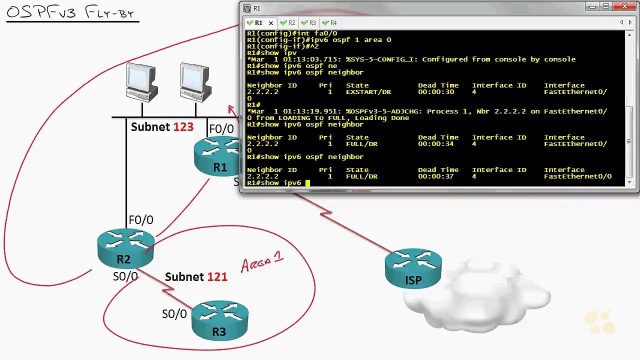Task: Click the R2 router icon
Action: click(x=125, y=248)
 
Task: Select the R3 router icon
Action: click(x=219, y=320)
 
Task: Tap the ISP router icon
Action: click(x=413, y=268)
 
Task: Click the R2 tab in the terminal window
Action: click(x=287, y=23)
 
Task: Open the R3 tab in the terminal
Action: click(x=308, y=23)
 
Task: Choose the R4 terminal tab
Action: click(x=329, y=23)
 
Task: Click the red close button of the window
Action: click(x=624, y=6)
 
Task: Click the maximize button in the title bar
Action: click(x=605, y=6)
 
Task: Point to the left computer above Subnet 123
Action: click(x=141, y=82)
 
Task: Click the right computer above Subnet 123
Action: click(x=195, y=82)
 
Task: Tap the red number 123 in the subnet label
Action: click(x=183, y=127)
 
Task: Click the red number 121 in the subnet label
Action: click(x=217, y=277)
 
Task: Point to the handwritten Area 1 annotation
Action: click(x=262, y=261)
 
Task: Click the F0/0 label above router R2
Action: click(x=141, y=220)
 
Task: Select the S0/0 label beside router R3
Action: click(x=174, y=314)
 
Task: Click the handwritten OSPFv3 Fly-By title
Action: click(x=70, y=12)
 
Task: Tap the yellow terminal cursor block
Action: click(x=307, y=183)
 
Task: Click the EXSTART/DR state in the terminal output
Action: click(x=368, y=92)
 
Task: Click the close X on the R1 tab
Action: click(x=271, y=23)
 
